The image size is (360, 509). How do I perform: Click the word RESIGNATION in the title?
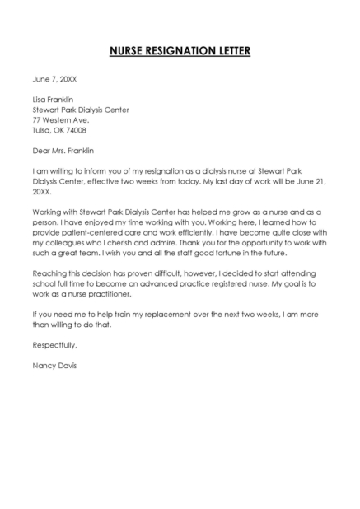click(180, 52)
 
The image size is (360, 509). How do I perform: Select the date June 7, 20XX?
click(54, 79)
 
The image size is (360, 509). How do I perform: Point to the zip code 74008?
click(76, 130)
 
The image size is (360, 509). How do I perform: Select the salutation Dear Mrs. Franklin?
click(63, 151)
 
